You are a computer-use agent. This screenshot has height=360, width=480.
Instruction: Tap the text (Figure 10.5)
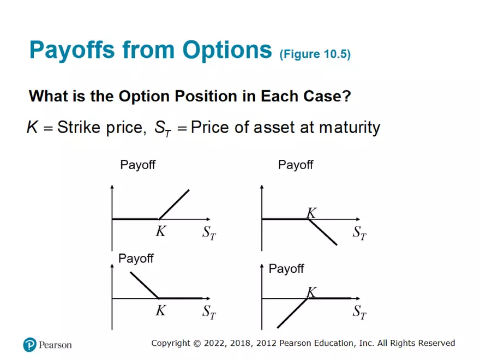(x=315, y=55)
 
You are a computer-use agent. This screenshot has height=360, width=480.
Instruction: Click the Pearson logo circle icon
(x=29, y=344)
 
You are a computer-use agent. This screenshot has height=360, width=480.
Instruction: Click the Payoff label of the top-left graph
(x=137, y=165)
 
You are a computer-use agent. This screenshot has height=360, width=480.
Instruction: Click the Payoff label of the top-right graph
(x=296, y=165)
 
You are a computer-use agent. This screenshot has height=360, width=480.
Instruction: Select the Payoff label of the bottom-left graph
(x=136, y=259)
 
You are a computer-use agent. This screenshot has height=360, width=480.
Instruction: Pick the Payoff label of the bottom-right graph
(x=286, y=269)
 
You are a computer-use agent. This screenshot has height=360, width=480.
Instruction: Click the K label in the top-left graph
(x=160, y=231)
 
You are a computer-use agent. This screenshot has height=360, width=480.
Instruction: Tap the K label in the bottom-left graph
(x=160, y=311)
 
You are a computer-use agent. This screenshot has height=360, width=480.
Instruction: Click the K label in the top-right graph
(x=311, y=213)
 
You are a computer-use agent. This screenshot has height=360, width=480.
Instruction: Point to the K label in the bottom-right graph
(x=311, y=292)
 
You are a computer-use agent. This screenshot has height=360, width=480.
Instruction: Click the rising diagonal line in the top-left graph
(x=174, y=204)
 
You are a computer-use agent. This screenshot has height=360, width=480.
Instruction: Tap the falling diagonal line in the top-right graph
(x=323, y=232)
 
